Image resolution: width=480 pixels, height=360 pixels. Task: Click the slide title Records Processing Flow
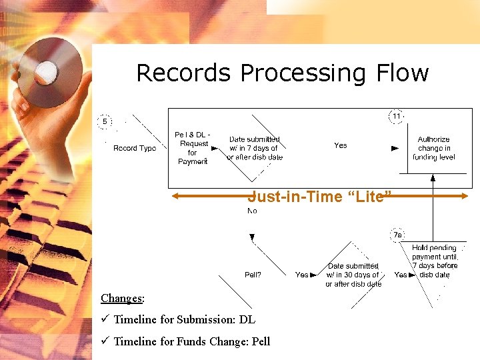[x=282, y=73]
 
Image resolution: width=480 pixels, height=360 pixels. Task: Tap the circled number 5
[x=105, y=122]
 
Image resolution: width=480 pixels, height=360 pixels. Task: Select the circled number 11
[x=397, y=117]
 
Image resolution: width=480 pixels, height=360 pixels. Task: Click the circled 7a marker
[x=397, y=235]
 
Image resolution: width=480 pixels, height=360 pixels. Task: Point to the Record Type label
[x=135, y=148]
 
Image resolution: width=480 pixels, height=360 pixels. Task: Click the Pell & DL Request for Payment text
[x=193, y=148]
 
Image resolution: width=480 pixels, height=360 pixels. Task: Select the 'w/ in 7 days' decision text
[x=255, y=148]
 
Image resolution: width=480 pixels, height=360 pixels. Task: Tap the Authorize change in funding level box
[x=434, y=148]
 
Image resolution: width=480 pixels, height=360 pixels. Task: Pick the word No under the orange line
[x=252, y=211]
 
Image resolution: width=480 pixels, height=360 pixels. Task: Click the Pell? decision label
[x=253, y=275]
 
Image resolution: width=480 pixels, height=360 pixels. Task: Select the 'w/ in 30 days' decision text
[x=353, y=275]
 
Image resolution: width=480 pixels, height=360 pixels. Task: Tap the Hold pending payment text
[x=435, y=261]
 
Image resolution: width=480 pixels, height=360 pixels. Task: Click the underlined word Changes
[x=122, y=298]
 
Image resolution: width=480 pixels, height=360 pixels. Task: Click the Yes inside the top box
[x=341, y=145]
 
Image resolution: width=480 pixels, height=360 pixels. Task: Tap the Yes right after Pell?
[x=302, y=275]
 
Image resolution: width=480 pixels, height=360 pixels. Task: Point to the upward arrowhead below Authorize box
[x=433, y=178]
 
